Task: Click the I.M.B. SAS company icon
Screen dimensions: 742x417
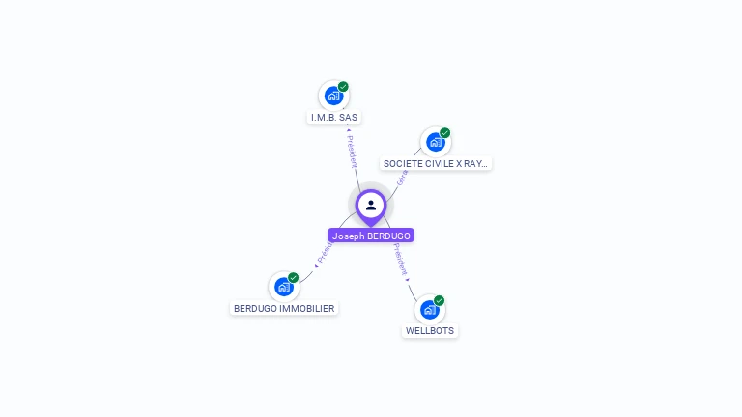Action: pos(333,96)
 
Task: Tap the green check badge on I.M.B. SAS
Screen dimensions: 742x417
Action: pos(343,87)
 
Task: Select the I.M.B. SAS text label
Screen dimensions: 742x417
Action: pos(333,118)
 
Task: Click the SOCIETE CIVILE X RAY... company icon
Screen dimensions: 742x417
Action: pos(435,142)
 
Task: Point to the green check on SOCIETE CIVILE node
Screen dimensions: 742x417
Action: pos(444,133)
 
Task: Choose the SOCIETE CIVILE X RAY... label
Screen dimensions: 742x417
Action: pos(436,164)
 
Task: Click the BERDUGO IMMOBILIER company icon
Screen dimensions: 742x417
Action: pos(283,287)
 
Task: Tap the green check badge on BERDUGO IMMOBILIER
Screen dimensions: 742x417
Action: pos(293,278)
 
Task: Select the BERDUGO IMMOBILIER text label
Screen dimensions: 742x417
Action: pos(284,309)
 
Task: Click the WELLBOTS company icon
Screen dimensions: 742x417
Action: pos(429,309)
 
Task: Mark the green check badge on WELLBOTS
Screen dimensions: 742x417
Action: pos(439,300)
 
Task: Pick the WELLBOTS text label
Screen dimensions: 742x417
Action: pos(430,331)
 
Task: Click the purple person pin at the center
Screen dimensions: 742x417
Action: pos(371,206)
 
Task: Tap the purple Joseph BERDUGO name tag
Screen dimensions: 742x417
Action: pos(371,236)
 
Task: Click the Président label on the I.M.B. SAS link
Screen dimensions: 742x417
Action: pos(352,150)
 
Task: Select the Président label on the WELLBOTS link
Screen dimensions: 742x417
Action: pos(400,261)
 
